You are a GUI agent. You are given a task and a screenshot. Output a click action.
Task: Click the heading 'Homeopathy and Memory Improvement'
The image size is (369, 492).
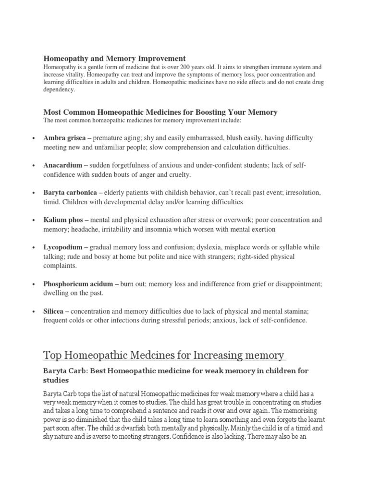pyautogui.click(x=114, y=58)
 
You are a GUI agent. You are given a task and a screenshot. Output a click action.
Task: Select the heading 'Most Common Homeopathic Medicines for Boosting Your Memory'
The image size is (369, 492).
pyautogui.click(x=160, y=112)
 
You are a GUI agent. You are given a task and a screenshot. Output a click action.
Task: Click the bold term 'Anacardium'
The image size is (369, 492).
pyautogui.click(x=62, y=165)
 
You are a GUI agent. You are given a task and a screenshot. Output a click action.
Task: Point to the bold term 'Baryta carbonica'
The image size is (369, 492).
pyautogui.click(x=70, y=193)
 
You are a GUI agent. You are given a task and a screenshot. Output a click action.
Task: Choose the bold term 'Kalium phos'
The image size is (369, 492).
pyautogui.click(x=63, y=220)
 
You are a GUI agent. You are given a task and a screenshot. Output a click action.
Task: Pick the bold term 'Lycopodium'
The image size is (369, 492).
pyautogui.click(x=62, y=247)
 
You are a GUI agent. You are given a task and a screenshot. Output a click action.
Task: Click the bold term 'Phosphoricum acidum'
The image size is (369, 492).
pyautogui.click(x=78, y=284)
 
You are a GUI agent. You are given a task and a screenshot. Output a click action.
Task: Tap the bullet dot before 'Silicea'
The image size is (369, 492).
pyautogui.click(x=33, y=312)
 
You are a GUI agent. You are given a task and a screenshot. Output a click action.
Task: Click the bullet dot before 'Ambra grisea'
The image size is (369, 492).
pyautogui.click(x=33, y=138)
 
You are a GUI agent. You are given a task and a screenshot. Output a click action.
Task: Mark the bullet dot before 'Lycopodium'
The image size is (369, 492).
pyautogui.click(x=33, y=248)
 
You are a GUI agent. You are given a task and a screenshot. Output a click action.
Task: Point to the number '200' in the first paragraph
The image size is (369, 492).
pyautogui.click(x=198, y=68)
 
